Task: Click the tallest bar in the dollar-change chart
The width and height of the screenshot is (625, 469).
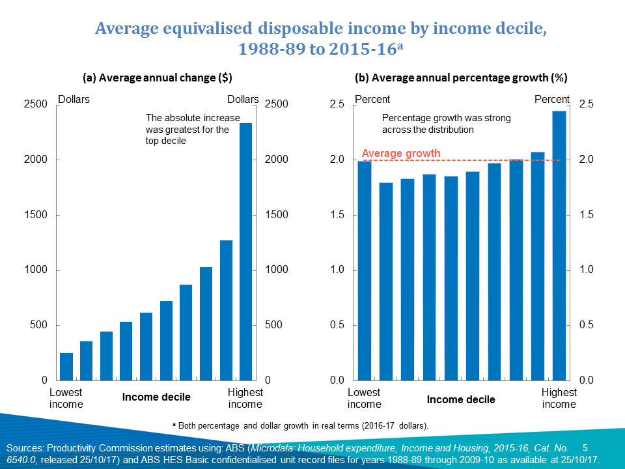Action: click(246, 251)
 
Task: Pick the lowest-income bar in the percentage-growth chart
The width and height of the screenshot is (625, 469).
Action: click(365, 270)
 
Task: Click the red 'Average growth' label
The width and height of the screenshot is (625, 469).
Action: click(401, 154)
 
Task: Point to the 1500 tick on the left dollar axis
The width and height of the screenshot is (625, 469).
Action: click(36, 215)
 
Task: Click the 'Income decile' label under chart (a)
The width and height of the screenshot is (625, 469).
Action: click(157, 397)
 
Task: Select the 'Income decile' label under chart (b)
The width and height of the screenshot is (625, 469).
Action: click(461, 399)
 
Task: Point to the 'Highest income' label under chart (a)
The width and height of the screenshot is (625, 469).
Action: click(245, 398)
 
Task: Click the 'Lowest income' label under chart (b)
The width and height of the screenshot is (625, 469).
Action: click(364, 398)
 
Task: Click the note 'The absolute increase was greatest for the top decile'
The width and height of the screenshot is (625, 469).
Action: click(187, 129)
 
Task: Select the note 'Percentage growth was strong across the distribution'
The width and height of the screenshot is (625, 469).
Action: click(446, 124)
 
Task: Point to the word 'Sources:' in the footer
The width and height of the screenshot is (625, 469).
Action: click(24, 448)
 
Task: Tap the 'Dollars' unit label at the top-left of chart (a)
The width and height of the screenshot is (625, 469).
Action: click(74, 100)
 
